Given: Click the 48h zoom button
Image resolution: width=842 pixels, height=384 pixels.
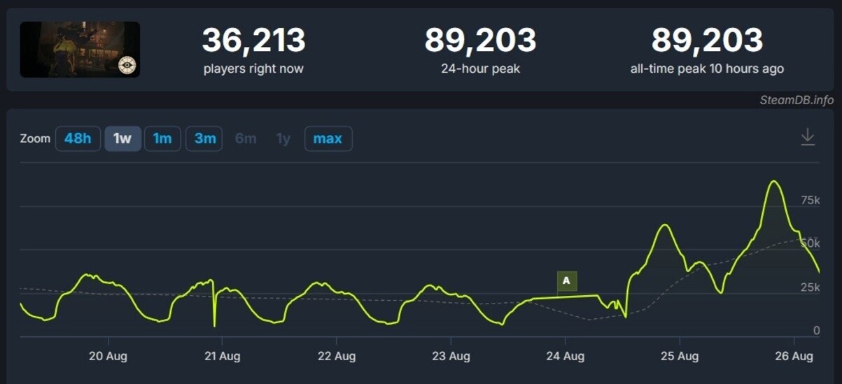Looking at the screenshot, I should [x=78, y=138].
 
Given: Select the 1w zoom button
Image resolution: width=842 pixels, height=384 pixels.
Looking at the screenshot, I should [x=122, y=138].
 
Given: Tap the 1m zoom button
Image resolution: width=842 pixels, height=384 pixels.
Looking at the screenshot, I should [x=162, y=138].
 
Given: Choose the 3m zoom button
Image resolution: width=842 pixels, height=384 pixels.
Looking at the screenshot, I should [x=204, y=138].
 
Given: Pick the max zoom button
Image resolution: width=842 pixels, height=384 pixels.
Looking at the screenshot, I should [x=328, y=138].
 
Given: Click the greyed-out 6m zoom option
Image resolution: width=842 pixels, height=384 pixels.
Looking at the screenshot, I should [x=246, y=138].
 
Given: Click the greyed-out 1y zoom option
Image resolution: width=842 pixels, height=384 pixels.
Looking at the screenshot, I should [x=283, y=138].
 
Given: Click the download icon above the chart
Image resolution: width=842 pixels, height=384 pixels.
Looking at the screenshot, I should [x=808, y=136].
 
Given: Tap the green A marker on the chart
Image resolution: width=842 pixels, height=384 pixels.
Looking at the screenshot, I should [x=566, y=281].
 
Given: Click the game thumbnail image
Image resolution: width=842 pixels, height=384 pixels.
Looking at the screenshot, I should [x=80, y=49].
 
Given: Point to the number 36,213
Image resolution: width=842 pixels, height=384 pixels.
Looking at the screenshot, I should [x=253, y=41].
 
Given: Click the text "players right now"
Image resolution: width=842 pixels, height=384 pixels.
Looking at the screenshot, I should [x=253, y=69].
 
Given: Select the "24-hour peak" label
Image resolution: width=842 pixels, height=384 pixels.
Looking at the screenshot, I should [x=480, y=69].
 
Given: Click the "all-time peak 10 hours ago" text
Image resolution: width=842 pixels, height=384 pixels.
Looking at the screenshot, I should [x=707, y=69].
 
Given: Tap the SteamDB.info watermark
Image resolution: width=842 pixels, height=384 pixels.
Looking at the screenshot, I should [x=797, y=100].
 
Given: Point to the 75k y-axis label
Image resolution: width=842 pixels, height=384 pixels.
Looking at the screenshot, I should [x=810, y=201].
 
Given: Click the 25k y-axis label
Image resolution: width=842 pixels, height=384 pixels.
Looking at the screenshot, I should [x=810, y=287].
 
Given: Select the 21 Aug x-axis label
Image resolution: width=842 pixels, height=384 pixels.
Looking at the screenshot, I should [x=222, y=356].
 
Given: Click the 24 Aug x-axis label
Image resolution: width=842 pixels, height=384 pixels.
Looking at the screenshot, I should [x=565, y=356].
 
